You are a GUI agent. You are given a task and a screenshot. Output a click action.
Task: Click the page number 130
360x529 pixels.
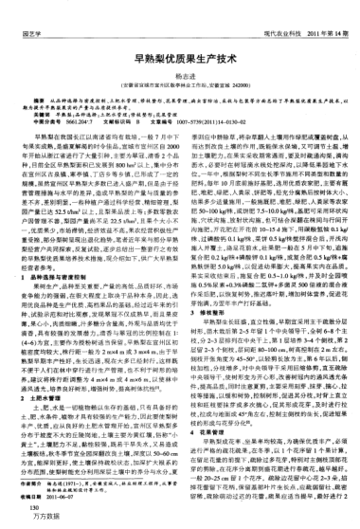pos(22,510)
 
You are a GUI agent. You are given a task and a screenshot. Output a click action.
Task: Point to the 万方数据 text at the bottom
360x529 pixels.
pos(29,520)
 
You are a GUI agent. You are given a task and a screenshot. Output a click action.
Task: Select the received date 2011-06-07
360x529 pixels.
pos(72,496)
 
